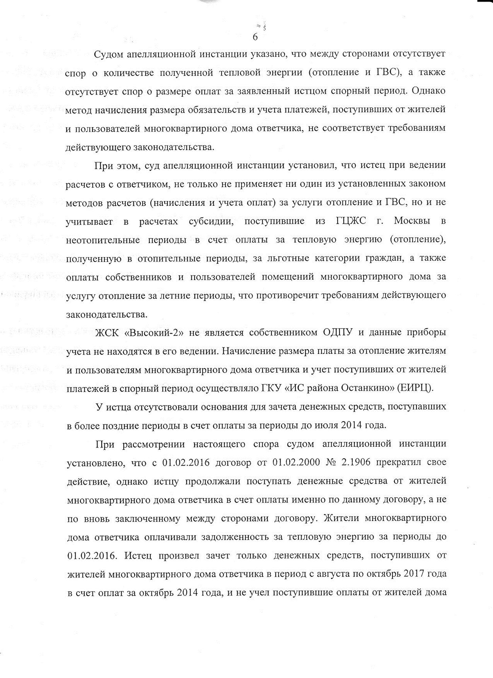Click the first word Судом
(x=109, y=54)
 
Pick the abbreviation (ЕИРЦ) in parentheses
(x=416, y=388)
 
